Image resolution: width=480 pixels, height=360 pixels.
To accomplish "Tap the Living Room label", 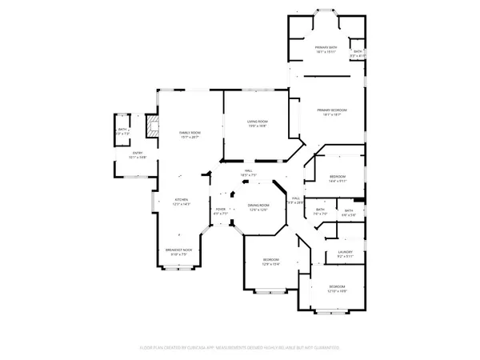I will click(257, 122).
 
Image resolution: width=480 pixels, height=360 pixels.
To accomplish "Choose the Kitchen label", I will click(182, 202).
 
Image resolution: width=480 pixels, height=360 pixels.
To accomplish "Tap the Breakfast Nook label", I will click(177, 252).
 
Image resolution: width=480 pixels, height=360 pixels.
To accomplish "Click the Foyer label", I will click(221, 211).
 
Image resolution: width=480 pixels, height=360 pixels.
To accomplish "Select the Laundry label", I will click(346, 254).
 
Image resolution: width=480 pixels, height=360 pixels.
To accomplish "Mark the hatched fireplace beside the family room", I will click(150, 126).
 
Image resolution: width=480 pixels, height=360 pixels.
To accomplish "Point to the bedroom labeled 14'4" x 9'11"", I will click(338, 178).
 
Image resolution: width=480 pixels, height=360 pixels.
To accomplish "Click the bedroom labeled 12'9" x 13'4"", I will click(271, 262).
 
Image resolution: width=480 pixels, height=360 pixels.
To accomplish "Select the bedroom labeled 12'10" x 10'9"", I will click(337, 289).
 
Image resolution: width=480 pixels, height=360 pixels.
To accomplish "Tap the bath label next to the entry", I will click(123, 131).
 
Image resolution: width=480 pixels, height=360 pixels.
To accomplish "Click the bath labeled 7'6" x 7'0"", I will click(321, 212).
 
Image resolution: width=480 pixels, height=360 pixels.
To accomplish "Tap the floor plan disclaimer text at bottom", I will click(240, 348).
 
